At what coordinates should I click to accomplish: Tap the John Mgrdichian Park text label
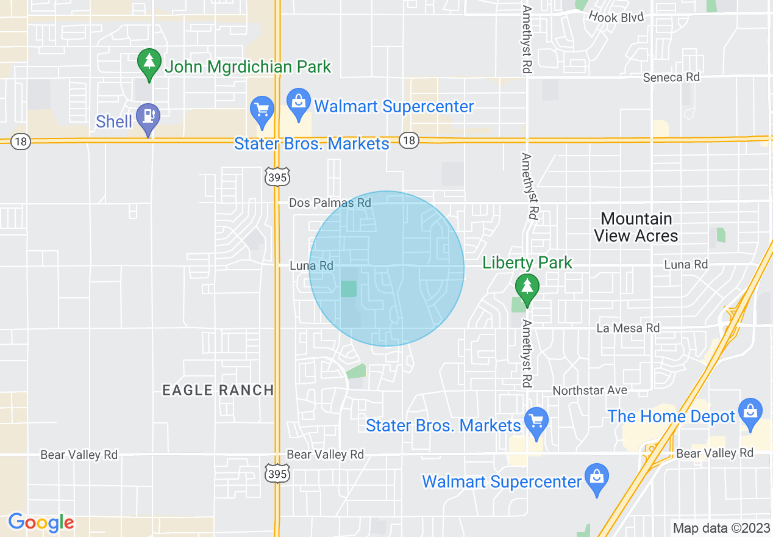[248, 67]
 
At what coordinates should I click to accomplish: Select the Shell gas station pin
[148, 117]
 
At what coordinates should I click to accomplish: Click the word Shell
[114, 121]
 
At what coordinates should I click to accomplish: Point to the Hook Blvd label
[616, 17]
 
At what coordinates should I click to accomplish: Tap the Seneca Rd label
[671, 77]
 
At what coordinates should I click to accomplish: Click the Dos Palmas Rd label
[330, 203]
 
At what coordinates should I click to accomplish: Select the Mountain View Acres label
[636, 227]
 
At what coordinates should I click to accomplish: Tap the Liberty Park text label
[527, 263]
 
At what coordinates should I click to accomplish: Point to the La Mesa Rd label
[628, 328]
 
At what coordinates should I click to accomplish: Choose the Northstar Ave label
[590, 390]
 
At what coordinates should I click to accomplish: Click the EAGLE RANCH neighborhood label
[218, 391]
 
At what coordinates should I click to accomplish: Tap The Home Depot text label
[671, 417]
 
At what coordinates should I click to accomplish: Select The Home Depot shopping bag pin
[750, 412]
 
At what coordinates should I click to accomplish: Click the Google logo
[41, 522]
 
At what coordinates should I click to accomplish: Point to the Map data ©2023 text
[721, 528]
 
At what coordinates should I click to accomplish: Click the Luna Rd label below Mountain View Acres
[686, 264]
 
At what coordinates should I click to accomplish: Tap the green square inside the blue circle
[348, 289]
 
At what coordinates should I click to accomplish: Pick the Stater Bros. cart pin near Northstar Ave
[536, 422]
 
